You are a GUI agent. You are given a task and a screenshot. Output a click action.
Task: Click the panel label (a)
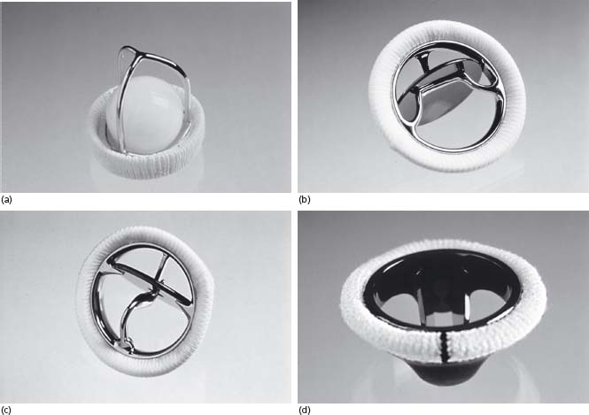[7, 200]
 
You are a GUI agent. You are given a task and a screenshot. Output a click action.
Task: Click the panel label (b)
[305, 200]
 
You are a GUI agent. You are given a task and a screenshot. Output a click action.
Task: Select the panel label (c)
[6, 410]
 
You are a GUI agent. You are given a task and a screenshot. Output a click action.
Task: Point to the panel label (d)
[305, 410]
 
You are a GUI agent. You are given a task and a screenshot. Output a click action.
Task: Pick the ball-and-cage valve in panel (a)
[146, 112]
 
